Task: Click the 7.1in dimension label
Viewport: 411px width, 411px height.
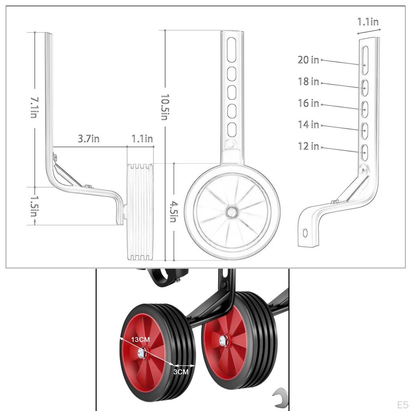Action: click(34, 107)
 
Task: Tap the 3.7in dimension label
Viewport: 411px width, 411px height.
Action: click(88, 139)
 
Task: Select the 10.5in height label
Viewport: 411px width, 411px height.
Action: click(164, 107)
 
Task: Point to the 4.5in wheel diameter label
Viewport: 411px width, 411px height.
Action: click(173, 212)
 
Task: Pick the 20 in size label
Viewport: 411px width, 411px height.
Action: click(308, 60)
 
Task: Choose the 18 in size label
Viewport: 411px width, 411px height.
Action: click(308, 81)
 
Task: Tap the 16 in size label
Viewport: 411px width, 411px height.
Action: click(308, 103)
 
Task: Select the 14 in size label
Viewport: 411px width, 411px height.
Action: click(308, 125)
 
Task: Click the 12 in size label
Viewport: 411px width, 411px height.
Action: click(308, 146)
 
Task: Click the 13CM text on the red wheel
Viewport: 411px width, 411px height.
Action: click(140, 340)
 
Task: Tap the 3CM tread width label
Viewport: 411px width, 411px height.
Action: click(181, 372)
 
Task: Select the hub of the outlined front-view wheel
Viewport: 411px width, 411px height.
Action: click(232, 212)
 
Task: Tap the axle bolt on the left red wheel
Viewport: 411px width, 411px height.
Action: click(141, 353)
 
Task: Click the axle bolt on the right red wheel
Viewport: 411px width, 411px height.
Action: click(223, 341)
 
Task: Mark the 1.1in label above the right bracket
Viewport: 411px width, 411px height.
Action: click(368, 22)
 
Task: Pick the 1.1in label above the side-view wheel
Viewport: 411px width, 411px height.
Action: click(142, 139)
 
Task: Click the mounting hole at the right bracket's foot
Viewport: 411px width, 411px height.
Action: click(305, 233)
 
